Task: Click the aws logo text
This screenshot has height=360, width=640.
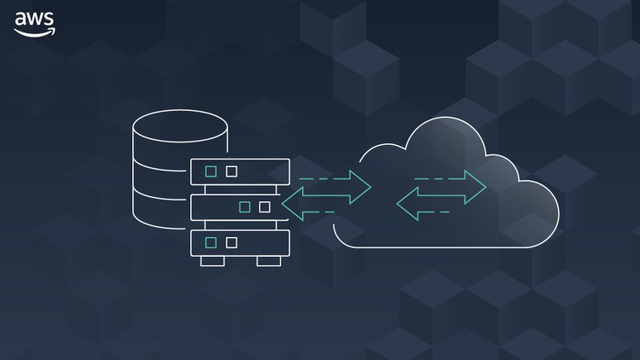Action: (x=34, y=19)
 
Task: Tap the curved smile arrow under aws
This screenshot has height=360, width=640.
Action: (x=35, y=33)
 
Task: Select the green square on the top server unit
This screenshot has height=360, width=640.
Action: (x=211, y=171)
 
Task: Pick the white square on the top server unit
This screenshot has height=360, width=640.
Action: (x=231, y=171)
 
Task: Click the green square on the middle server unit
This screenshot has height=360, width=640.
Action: (x=245, y=207)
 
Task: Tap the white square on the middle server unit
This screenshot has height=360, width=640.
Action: (x=265, y=207)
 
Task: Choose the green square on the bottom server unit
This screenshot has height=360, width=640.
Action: (x=211, y=243)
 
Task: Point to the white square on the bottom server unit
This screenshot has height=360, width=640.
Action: (x=231, y=243)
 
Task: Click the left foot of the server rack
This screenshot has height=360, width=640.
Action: (x=212, y=261)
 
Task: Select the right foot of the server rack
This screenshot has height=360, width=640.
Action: (x=269, y=261)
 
